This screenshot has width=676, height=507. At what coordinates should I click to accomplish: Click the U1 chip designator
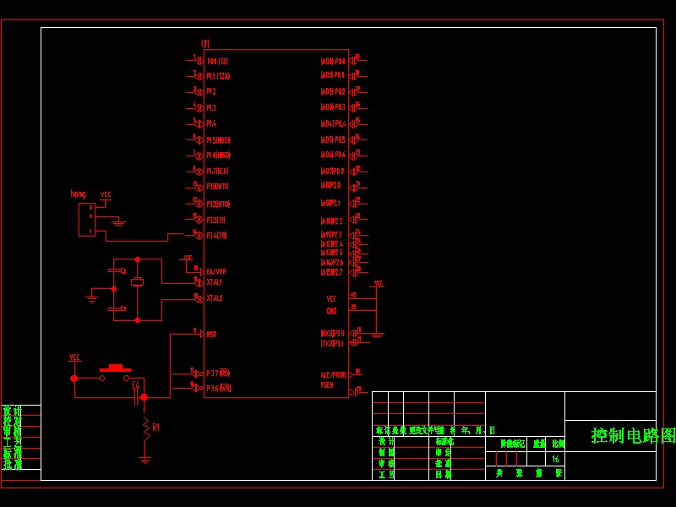[x=205, y=43]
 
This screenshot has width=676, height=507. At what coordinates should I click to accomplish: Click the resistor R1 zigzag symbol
[x=145, y=429]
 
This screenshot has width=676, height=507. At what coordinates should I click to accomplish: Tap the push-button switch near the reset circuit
[x=115, y=368]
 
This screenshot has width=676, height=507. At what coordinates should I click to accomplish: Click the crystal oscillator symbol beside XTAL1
[x=137, y=281]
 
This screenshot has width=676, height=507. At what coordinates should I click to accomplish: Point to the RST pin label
[x=211, y=335]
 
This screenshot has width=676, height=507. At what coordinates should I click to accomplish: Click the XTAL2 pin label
[x=215, y=298]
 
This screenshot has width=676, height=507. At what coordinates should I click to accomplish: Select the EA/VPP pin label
[x=216, y=271]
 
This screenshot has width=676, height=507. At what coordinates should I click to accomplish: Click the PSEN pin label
[x=327, y=385]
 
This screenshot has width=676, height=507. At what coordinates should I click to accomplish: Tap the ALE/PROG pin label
[x=333, y=374]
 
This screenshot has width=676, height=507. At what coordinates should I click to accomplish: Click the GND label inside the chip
[x=331, y=311]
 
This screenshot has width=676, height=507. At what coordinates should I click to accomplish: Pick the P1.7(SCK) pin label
[x=218, y=171]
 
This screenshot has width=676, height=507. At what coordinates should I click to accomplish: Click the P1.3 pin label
[x=211, y=108]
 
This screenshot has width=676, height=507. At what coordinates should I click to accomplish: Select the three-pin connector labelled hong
[x=86, y=219]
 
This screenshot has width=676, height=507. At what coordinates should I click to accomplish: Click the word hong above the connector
[x=78, y=194]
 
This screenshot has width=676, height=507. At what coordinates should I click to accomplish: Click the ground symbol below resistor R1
[x=145, y=459]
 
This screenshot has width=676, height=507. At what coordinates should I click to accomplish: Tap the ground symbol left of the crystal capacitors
[x=92, y=297]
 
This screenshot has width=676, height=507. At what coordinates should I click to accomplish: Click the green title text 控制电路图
[x=622, y=436]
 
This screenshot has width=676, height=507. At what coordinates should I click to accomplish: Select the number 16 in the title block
[x=555, y=459]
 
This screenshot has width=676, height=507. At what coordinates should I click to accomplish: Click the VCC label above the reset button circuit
[x=74, y=357]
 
